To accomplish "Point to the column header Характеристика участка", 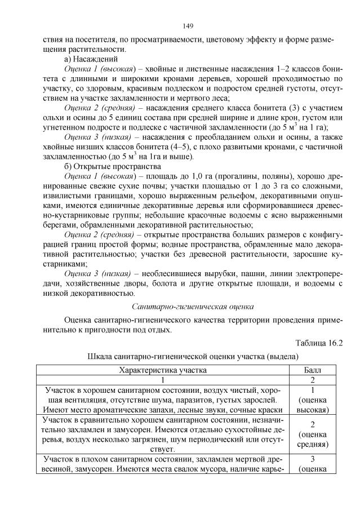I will point(162,370).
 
